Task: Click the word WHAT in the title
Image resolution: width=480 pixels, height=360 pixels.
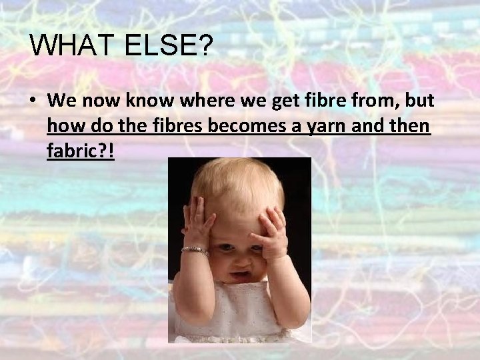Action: point(71,46)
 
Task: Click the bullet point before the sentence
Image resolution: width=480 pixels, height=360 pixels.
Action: point(33,101)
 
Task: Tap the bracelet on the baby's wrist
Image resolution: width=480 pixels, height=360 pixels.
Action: point(195,251)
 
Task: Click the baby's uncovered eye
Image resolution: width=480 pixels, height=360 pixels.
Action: point(226,247)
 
